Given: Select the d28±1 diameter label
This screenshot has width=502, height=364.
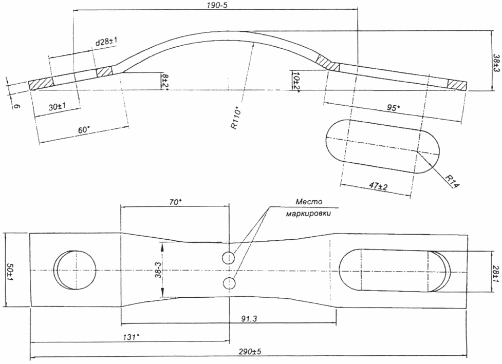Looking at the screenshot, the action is click(x=106, y=42).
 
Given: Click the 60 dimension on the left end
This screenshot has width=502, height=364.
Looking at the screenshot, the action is click(x=84, y=129).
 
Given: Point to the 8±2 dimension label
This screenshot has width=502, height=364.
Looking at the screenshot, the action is click(x=165, y=81).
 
